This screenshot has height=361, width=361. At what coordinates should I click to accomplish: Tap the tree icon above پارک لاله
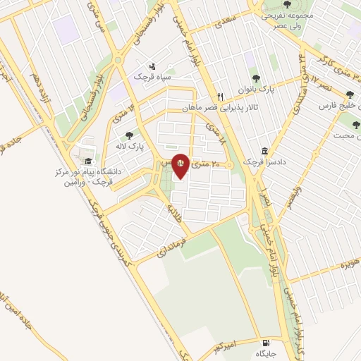click(128, 135)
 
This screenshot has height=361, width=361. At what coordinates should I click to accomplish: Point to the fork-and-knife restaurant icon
click(221, 97)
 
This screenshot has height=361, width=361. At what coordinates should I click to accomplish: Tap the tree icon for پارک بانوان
click(255, 79)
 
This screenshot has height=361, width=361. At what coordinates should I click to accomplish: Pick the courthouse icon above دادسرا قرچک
click(264, 151)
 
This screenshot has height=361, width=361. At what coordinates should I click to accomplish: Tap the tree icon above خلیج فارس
click(350, 94)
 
